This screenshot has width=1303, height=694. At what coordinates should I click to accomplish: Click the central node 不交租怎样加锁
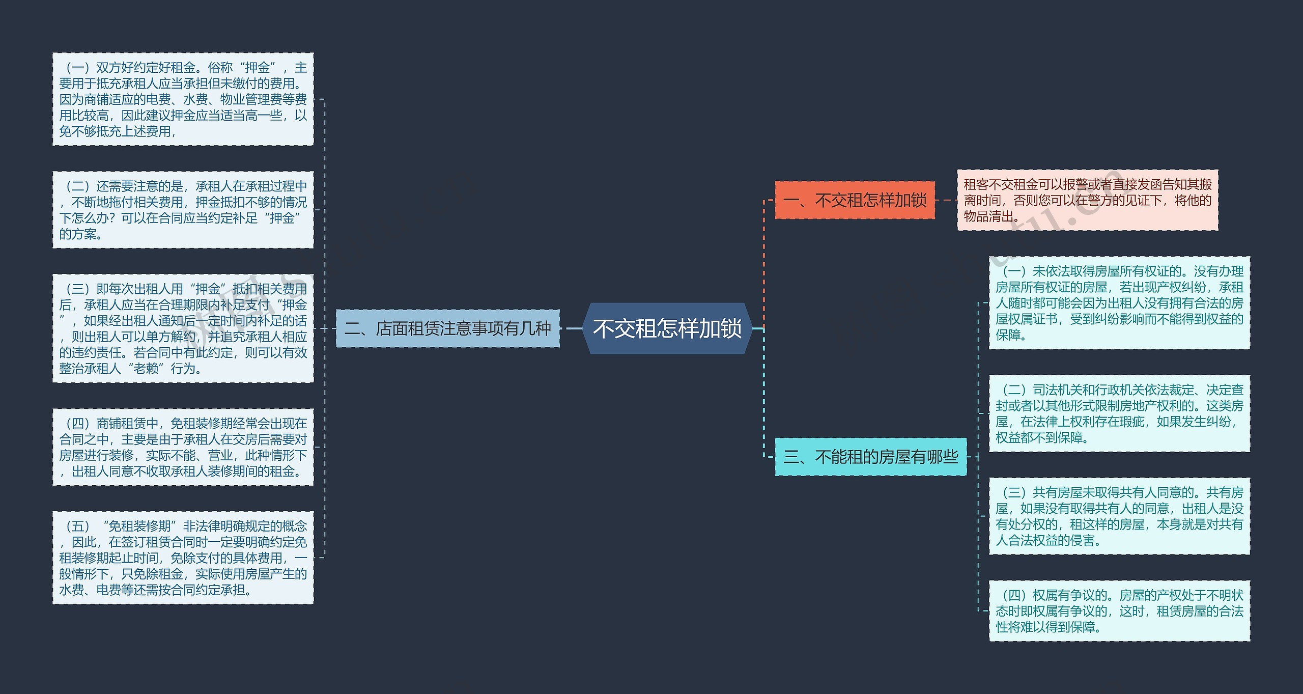point(667,328)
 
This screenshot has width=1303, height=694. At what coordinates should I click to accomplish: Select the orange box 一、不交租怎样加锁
point(855,200)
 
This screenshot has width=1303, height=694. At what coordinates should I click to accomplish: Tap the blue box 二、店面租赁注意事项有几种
point(448,328)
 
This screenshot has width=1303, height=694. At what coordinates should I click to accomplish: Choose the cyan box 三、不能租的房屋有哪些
point(870,457)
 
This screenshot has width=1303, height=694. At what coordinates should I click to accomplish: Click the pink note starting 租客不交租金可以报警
point(1088,200)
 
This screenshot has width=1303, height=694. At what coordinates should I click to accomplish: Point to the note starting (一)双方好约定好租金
point(183,99)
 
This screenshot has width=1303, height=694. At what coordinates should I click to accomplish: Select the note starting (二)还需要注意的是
point(183,210)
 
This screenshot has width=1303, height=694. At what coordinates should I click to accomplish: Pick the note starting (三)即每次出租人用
point(183,328)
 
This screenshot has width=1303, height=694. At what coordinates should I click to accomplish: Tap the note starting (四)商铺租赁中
point(183,447)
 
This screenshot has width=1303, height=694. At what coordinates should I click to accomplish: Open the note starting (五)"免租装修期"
point(183,558)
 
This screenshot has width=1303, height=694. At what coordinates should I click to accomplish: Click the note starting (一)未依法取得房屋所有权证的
point(1119,303)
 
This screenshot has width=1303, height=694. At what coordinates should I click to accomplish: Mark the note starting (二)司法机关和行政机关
point(1119,413)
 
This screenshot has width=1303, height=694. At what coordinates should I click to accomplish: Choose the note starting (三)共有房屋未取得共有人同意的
point(1119,516)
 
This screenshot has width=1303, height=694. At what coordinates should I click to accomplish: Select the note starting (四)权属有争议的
point(1119,610)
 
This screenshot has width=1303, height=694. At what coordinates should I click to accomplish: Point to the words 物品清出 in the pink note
point(988,216)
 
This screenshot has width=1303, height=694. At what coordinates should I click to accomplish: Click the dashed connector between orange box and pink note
point(946,200)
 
